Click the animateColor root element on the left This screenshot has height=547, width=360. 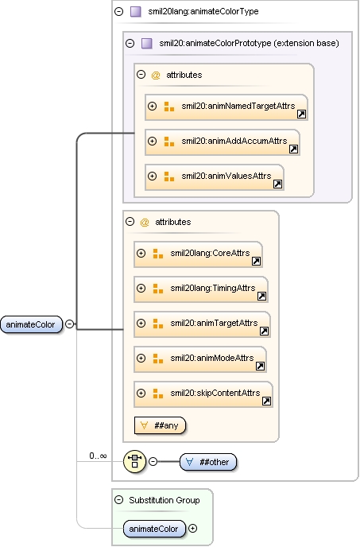(31, 324)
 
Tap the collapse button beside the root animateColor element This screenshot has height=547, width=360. (70, 324)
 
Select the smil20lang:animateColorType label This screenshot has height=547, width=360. (203, 11)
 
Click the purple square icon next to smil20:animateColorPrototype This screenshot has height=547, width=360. (147, 43)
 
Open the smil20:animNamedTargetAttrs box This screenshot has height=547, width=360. (226, 107)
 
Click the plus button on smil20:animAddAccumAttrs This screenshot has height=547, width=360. (152, 141)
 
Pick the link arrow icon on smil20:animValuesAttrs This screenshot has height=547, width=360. (277, 184)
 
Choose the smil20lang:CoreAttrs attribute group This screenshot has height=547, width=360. (198, 254)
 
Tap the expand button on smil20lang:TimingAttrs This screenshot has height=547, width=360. (141, 288)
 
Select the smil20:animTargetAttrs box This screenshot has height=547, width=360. (203, 324)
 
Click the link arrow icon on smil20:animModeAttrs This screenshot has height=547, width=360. (260, 366)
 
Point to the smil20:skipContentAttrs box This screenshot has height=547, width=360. (203, 394)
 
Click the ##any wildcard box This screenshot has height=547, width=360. (160, 425)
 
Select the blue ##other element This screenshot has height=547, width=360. (208, 462)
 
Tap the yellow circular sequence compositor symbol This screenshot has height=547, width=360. (134, 461)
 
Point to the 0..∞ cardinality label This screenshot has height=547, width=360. (98, 456)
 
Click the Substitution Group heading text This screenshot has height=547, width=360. (165, 500)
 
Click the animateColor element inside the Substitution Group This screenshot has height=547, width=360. (153, 529)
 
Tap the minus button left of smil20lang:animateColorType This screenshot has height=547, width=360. (119, 11)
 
